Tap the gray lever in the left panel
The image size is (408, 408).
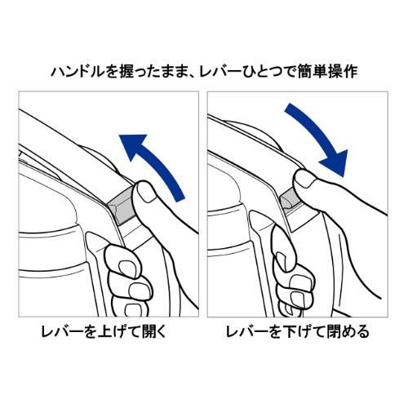(x=120, y=205)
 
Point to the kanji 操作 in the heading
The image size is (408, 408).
(x=343, y=72)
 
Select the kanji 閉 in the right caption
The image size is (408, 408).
(x=335, y=331)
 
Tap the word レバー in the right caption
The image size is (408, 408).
(x=247, y=332)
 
